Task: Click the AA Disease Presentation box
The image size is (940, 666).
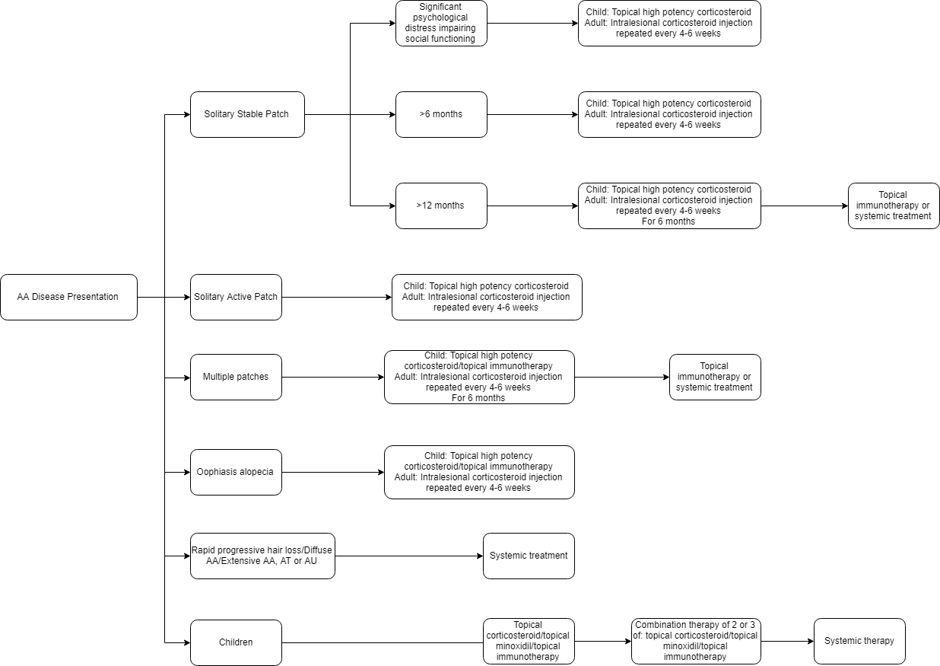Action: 68,298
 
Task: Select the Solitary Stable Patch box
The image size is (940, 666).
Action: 248,114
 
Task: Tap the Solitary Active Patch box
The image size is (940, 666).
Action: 236,298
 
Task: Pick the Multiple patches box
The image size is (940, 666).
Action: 236,377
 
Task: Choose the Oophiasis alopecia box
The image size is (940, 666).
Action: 236,473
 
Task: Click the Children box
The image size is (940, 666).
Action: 236,642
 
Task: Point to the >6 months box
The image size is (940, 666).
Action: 441,114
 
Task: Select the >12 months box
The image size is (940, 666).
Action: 441,206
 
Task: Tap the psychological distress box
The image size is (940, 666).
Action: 441,23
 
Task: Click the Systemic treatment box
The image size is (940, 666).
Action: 529,556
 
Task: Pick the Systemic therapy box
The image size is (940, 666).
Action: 859,641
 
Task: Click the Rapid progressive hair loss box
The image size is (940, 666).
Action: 262,556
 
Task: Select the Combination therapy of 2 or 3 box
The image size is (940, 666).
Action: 696,641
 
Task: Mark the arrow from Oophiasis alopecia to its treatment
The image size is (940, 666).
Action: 333,473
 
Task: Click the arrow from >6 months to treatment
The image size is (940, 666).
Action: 533,114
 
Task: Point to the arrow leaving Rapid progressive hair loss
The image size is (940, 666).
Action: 409,556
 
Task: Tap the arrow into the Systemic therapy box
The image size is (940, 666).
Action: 787,641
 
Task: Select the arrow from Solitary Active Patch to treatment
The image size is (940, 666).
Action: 337,298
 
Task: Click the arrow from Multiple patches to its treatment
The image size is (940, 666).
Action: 333,377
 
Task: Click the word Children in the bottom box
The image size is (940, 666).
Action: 236,642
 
